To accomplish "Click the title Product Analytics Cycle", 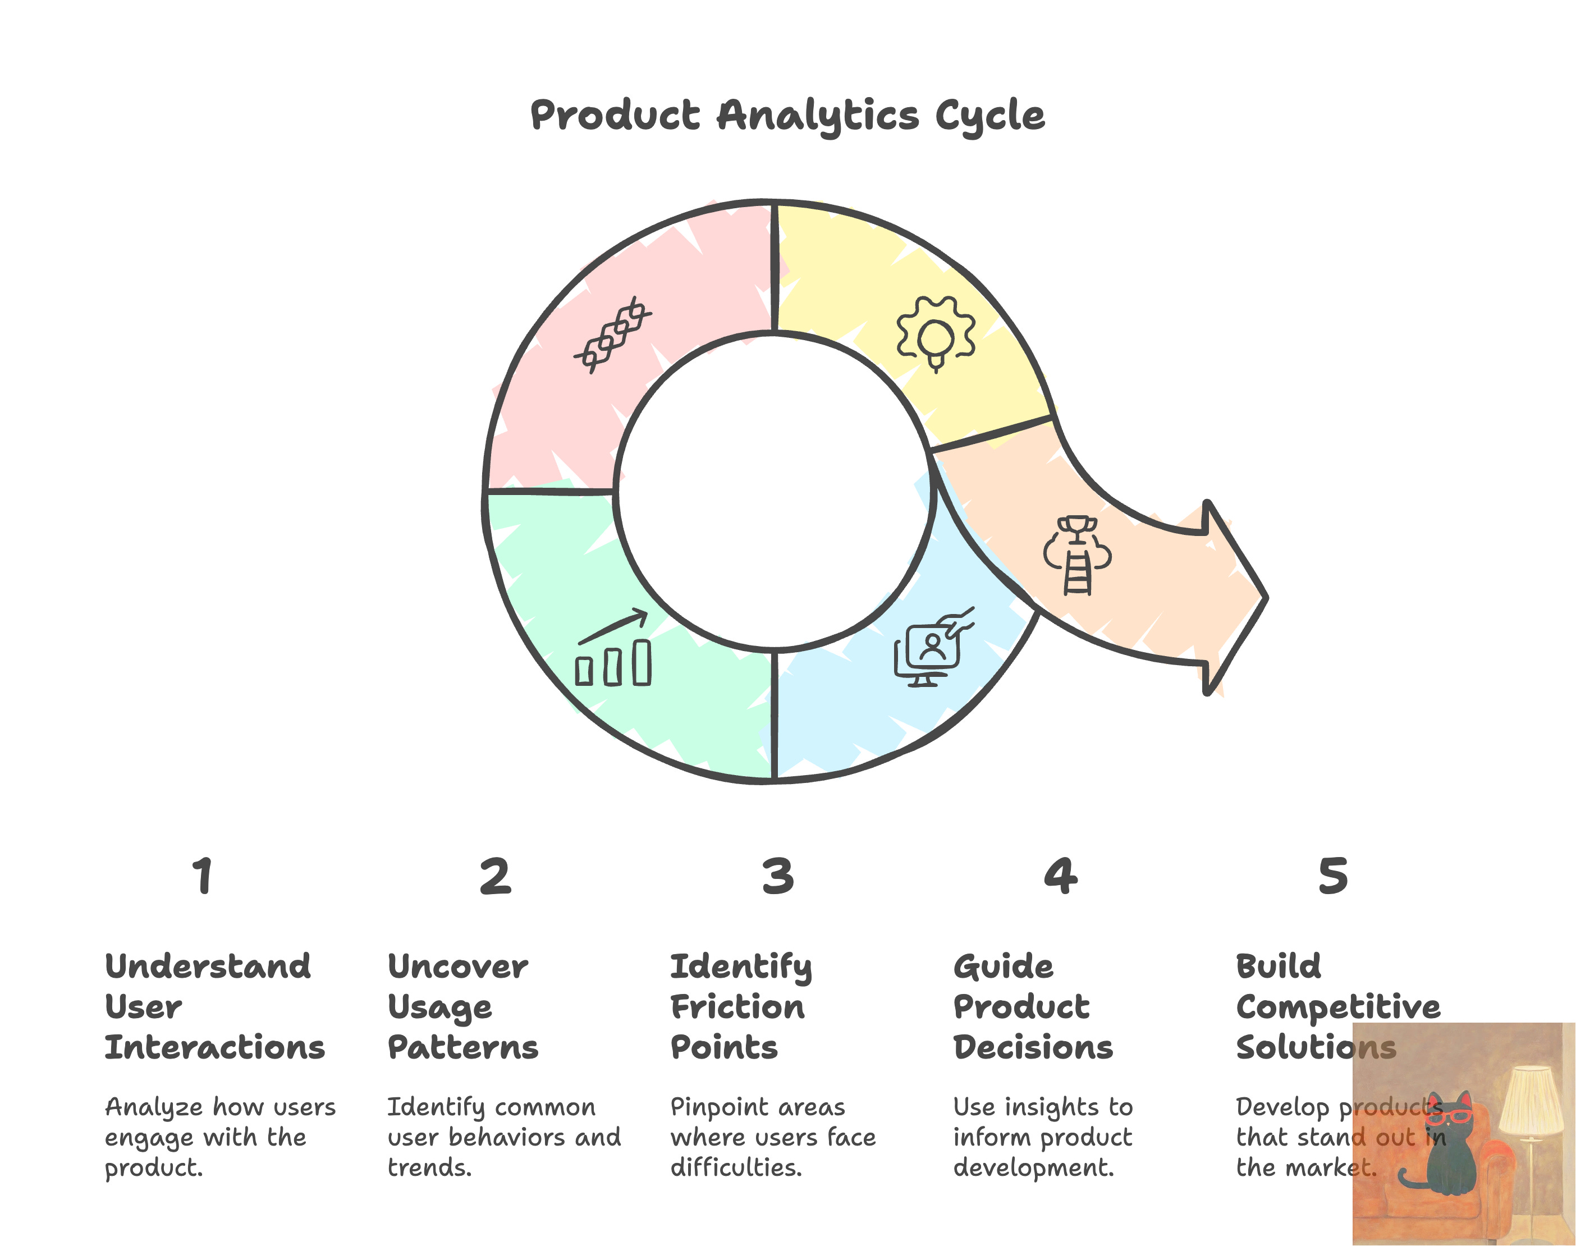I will coord(787,115).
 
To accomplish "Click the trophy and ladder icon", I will coord(1077,555).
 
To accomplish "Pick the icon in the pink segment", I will coord(612,336).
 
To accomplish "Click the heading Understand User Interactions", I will coord(214,1007).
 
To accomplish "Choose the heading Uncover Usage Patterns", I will coord(462,1007).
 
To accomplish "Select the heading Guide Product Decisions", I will coord(1033,1007).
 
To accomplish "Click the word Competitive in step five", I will coord(1338,1007).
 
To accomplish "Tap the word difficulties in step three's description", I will coord(736,1168).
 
